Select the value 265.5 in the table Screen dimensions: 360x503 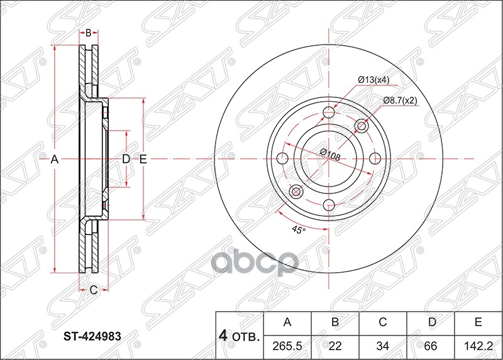pos(287,344)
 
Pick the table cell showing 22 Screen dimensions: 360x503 pos(335,344)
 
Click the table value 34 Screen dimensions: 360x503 pos(382,344)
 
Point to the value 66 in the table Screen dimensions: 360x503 pos(430,344)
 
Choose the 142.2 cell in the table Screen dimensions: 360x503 pos(478,344)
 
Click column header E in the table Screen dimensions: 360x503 pos(478,323)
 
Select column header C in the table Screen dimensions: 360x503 pos(382,323)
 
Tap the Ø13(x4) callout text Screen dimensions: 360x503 pos(374,80)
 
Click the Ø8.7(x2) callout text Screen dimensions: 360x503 pos(400,101)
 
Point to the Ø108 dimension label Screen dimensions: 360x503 pos(329,155)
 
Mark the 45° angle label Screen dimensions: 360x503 pos(299,231)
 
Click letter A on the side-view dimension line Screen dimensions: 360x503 pos(55,160)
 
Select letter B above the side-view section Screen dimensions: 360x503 pos(89,33)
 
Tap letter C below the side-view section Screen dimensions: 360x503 pos(92,290)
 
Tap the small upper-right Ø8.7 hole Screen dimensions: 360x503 pos(362,127)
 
